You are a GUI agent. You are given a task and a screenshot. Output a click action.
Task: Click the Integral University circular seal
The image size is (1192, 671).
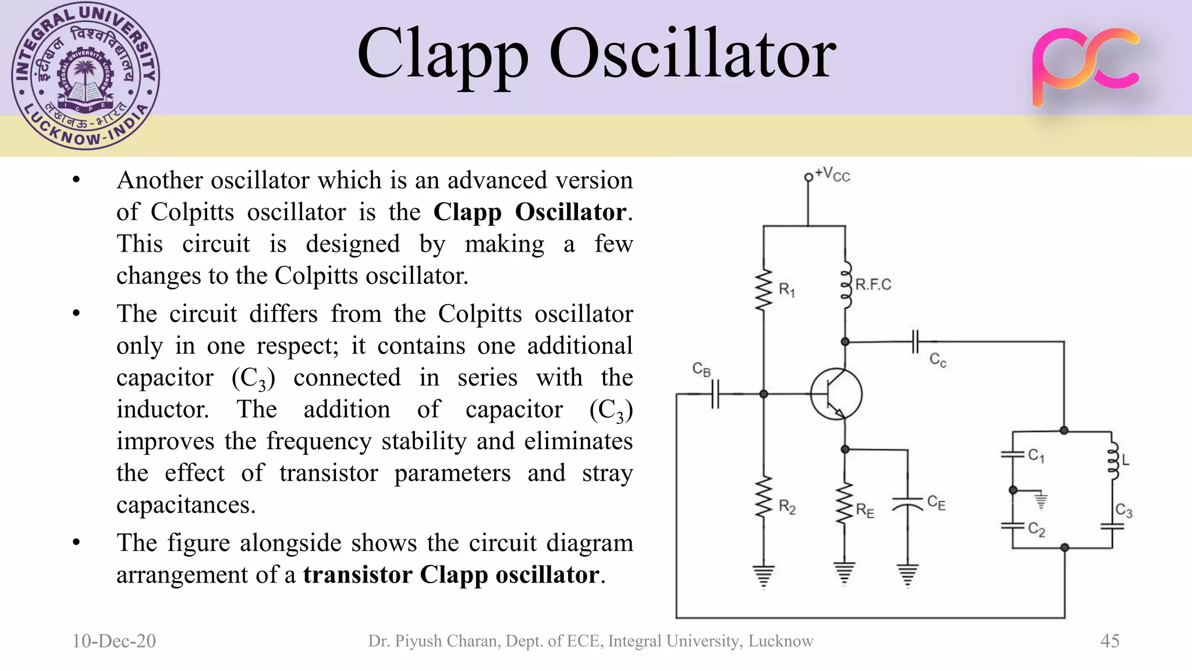pyautogui.click(x=85, y=76)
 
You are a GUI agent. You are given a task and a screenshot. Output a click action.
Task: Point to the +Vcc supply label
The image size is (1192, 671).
pyautogui.click(x=832, y=174)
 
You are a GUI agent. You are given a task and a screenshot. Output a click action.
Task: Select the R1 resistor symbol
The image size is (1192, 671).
pyautogui.click(x=764, y=290)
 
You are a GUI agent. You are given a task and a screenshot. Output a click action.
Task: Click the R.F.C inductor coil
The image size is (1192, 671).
pyautogui.click(x=846, y=285)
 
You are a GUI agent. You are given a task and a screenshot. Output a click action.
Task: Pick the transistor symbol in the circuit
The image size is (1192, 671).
pyautogui.click(x=836, y=394)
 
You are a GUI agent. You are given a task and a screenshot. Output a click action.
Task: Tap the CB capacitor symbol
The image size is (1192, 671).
pyautogui.click(x=715, y=394)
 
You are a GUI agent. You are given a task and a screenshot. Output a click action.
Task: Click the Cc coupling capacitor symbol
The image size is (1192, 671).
pyautogui.click(x=915, y=342)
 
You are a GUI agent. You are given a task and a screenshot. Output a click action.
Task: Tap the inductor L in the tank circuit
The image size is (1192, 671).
pyautogui.click(x=1112, y=460)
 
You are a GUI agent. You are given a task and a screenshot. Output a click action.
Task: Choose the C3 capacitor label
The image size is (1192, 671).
pyautogui.click(x=1123, y=511)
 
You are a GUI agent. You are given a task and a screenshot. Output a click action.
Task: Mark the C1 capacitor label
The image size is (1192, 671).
pyautogui.click(x=1036, y=455)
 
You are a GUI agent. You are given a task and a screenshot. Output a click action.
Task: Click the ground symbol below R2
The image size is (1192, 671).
pyautogui.click(x=764, y=575)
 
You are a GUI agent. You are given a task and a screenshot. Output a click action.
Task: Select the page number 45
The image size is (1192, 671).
pyautogui.click(x=1109, y=641)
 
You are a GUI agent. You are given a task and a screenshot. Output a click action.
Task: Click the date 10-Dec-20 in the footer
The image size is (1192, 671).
pyautogui.click(x=114, y=641)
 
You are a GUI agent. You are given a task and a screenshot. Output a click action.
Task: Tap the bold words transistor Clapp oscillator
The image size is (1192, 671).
pyautogui.click(x=451, y=575)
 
